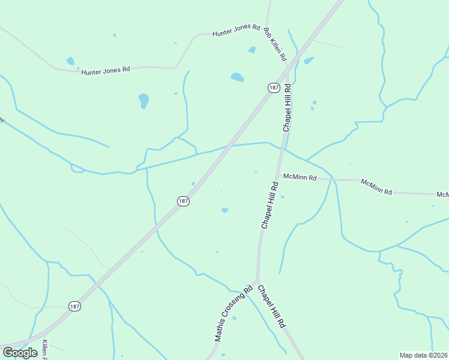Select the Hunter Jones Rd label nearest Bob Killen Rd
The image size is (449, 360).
(236, 31)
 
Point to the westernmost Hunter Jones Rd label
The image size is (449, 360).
(106, 70)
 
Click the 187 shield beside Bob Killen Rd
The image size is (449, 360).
(274, 88)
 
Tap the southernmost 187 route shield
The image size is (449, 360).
(74, 306)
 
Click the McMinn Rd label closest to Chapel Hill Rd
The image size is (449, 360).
(300, 177)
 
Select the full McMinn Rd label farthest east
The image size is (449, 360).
(376, 187)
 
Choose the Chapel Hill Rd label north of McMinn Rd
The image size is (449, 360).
(287, 108)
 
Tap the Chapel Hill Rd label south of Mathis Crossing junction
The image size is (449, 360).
(271, 306)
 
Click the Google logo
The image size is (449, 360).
(20, 352)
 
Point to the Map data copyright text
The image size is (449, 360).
(423, 355)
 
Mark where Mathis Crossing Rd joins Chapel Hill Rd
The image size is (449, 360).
(257, 280)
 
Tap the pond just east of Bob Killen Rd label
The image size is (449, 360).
(309, 60)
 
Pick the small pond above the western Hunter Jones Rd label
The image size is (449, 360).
(71, 61)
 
